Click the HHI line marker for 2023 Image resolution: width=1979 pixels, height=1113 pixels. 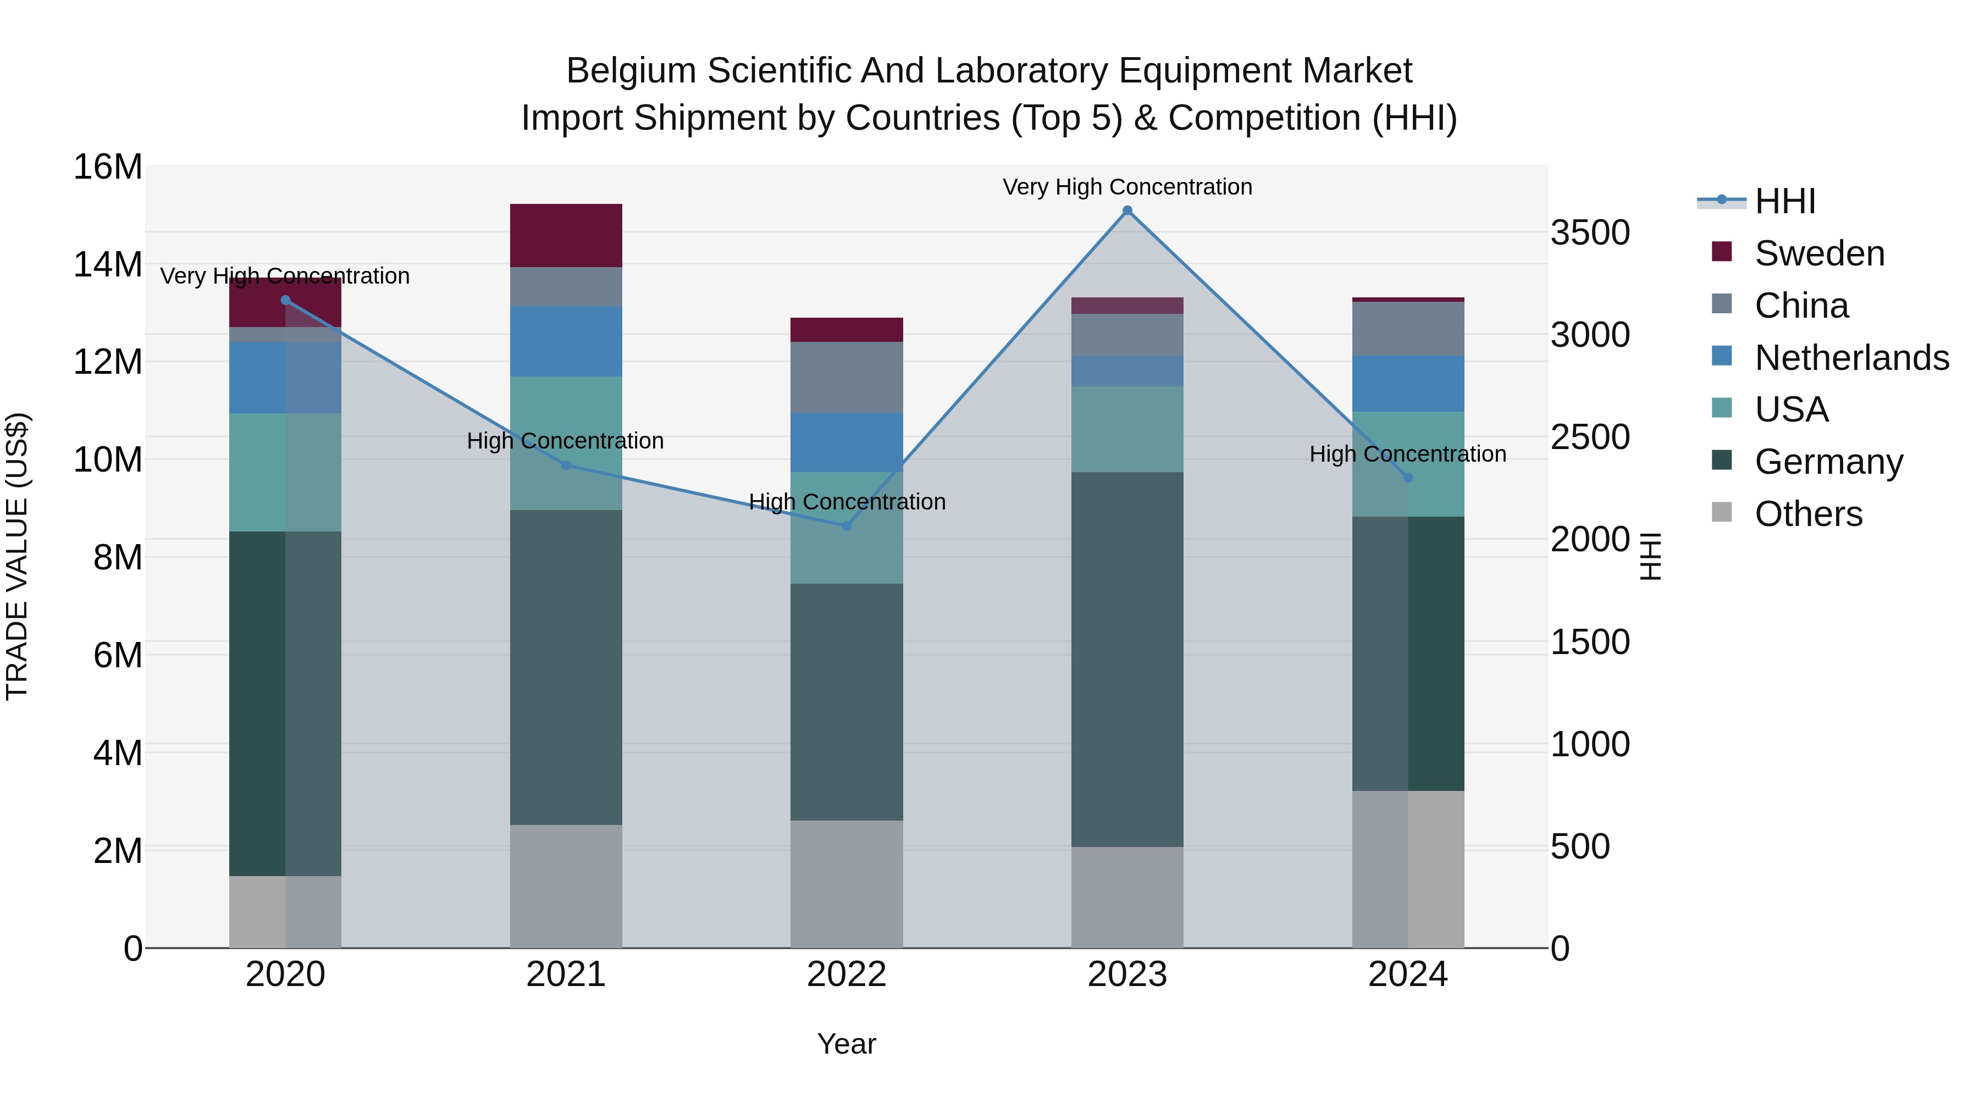(x=1127, y=211)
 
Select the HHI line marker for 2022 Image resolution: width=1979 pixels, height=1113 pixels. (x=847, y=526)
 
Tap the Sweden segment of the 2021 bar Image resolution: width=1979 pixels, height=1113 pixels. (x=566, y=236)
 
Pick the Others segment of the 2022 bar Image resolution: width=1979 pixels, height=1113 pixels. (x=847, y=883)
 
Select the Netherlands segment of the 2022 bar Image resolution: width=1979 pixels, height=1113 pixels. (x=847, y=442)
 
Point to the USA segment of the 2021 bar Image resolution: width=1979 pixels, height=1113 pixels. (x=566, y=443)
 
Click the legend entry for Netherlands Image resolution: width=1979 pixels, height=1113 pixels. (x=1851, y=358)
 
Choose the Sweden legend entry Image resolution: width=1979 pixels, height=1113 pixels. (x=1819, y=253)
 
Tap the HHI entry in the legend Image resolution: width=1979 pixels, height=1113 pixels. (x=1784, y=201)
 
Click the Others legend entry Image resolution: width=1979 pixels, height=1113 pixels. (x=1809, y=514)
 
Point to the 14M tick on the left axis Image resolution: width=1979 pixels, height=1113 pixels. (x=108, y=264)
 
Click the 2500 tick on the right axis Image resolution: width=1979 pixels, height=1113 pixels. (x=1589, y=437)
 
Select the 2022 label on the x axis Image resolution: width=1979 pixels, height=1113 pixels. (x=847, y=974)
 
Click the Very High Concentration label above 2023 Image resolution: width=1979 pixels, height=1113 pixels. (x=1127, y=187)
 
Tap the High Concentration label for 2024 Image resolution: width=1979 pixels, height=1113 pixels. (x=1407, y=454)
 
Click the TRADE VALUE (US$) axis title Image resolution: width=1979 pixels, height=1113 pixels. (x=17, y=556)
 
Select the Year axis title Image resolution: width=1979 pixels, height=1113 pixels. (x=847, y=1044)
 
